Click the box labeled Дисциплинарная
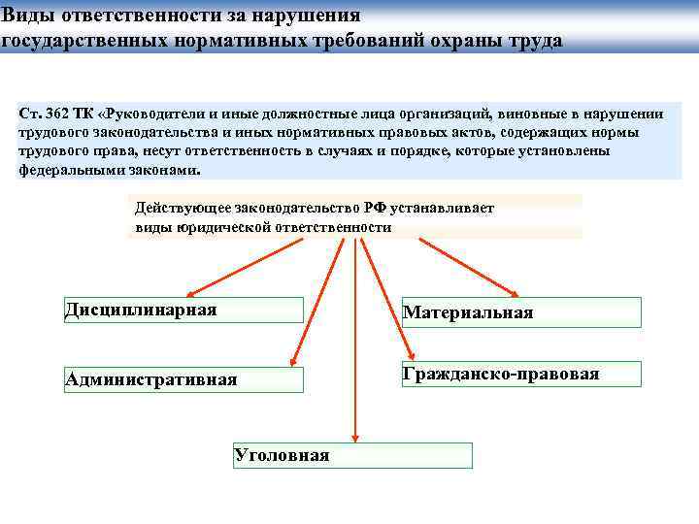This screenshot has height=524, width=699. click(x=183, y=310)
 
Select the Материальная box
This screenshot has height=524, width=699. click(x=521, y=312)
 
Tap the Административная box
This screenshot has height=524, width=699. click(x=183, y=379)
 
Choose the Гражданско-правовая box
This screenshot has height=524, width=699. click(x=521, y=374)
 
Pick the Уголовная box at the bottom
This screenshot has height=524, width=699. click(x=352, y=455)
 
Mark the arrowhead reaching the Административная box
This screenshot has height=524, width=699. click(x=292, y=361)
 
